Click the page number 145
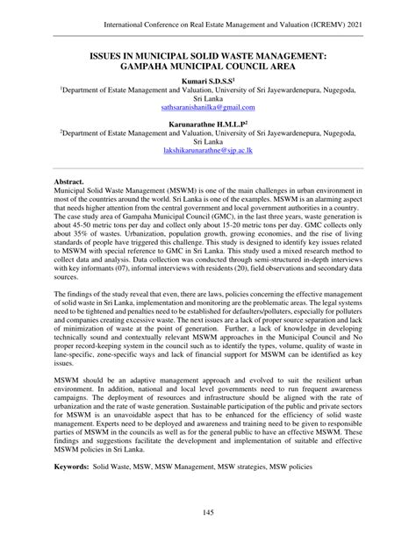208,512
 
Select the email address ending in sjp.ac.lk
208,151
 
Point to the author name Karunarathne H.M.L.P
207,124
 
